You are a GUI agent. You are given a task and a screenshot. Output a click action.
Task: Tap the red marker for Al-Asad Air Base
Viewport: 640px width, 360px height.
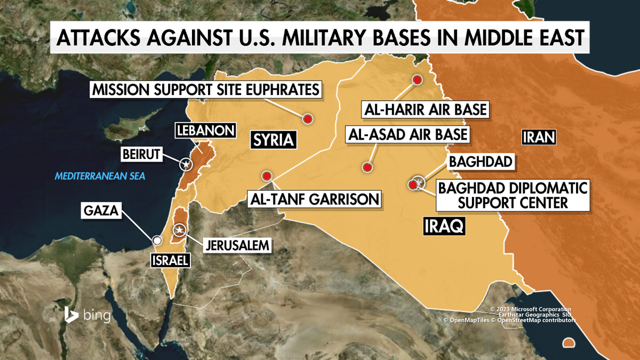click(367, 167)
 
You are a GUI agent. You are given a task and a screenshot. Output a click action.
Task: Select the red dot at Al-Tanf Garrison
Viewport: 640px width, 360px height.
click(267, 176)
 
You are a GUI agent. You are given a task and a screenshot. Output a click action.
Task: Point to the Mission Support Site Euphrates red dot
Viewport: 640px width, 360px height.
click(308, 119)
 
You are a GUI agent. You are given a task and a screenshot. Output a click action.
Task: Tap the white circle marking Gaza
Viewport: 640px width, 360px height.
click(157, 241)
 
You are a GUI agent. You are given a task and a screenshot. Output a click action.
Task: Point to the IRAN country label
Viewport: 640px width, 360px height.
click(539, 138)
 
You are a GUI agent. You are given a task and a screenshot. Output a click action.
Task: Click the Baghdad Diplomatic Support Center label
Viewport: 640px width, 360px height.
click(512, 195)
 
